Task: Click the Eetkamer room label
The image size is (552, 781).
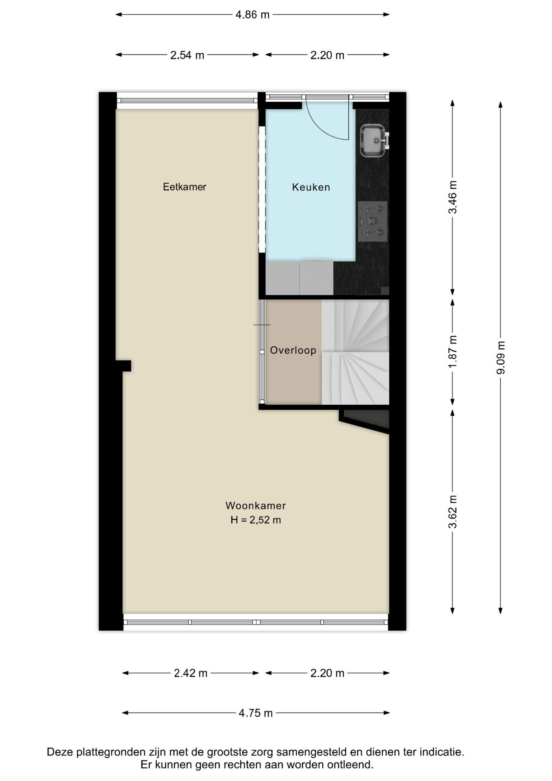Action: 185,187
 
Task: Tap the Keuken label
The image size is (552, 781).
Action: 311,187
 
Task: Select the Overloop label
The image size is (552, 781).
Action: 293,350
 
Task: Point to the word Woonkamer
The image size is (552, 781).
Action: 256,506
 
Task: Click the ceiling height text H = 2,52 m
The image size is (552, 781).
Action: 256,520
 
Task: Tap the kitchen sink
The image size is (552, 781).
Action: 372,140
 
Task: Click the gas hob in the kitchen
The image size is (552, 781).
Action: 372,221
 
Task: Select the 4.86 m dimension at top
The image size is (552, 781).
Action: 252,15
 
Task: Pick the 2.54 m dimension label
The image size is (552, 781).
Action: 187,55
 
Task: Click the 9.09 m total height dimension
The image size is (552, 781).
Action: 501,358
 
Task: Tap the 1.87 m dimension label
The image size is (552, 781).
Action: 452,352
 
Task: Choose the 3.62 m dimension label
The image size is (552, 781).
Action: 452,511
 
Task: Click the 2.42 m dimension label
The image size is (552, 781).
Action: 191,673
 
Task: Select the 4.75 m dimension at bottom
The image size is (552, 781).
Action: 256,713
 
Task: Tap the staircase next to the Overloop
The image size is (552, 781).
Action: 356,352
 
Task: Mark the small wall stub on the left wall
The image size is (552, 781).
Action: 124,366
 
